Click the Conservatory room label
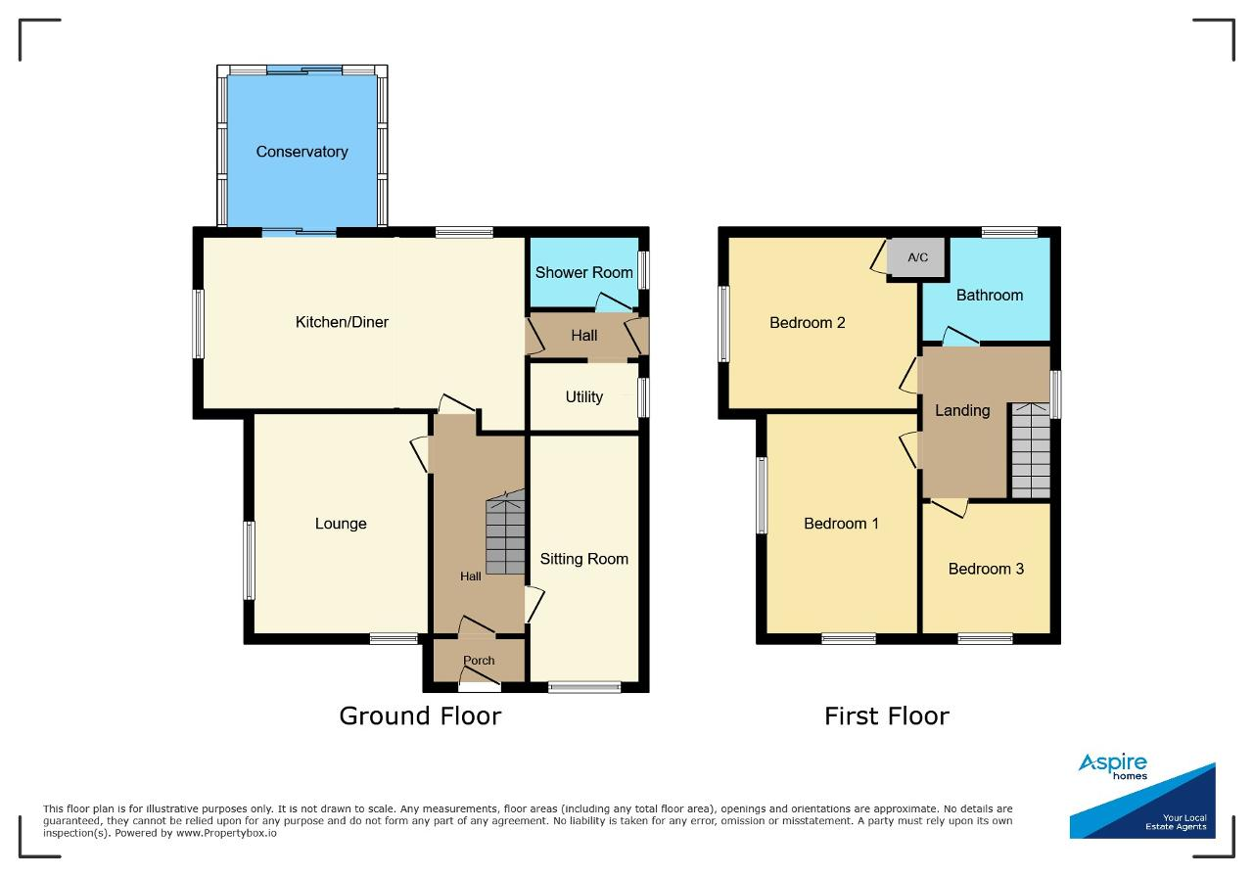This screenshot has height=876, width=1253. coord(302,152)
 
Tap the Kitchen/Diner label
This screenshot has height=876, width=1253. coord(342,322)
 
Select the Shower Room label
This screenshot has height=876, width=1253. coord(584,272)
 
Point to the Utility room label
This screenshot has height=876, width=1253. coord(584,397)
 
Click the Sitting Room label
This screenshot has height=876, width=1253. coord(584,559)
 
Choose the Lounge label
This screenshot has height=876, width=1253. coord(341,524)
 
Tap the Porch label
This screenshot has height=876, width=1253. coord(479,660)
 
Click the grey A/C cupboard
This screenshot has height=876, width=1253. coord(917,257)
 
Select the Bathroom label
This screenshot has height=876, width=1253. coord(990,296)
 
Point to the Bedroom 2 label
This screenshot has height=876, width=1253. coord(808,323)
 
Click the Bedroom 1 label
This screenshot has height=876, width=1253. coord(841,524)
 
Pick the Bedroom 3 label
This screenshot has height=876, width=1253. coord(986,569)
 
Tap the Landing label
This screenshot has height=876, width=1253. coord(962,410)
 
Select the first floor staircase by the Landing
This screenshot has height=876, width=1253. coord(1031,451)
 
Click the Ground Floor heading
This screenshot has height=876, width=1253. coord(420,716)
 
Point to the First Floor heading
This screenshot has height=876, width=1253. coord(887,716)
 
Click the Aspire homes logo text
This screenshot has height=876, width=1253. coord(1113,766)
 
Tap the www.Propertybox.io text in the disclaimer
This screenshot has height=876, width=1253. coord(226,833)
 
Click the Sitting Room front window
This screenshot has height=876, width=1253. coord(584,687)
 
